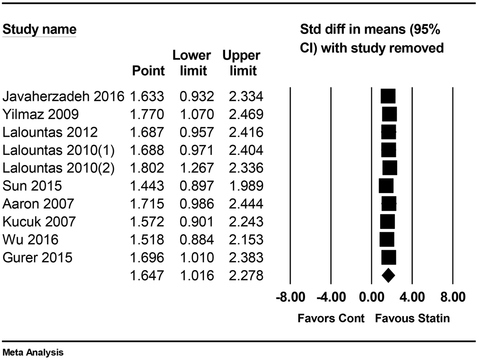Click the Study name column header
click(40, 30)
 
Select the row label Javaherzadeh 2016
click(63, 97)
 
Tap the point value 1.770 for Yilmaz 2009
click(147, 115)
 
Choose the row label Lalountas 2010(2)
click(59, 168)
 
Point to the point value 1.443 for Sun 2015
click(147, 186)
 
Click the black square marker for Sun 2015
click(386, 186)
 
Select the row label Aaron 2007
click(38, 204)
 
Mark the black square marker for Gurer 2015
click(389, 258)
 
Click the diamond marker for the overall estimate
click(388, 275)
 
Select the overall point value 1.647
click(147, 275)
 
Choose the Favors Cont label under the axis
click(331, 318)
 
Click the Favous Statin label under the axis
click(412, 318)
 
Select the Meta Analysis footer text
click(33, 353)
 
